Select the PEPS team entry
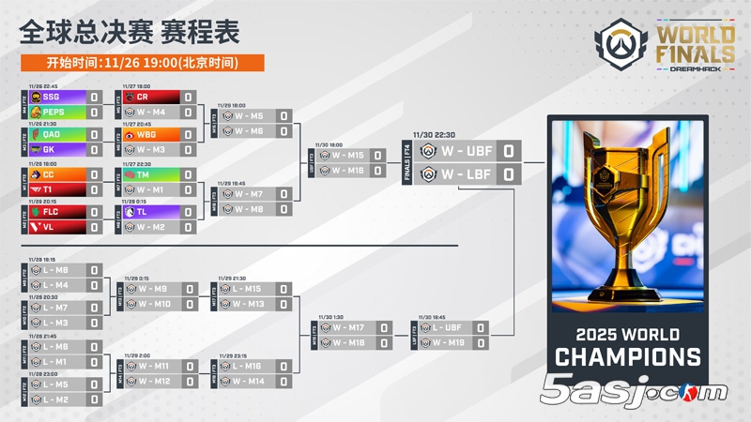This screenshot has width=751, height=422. [54, 112]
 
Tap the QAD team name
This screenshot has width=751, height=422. [52, 134]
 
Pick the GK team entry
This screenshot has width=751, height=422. [50, 149]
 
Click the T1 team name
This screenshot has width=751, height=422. [49, 189]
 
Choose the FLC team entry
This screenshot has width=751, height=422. [52, 212]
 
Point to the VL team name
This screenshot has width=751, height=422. [49, 227]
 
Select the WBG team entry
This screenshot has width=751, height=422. [147, 134]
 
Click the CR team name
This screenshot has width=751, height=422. [143, 97]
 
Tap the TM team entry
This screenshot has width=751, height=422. [144, 174]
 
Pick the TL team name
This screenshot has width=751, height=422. [143, 212]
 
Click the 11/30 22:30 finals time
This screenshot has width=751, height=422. [432, 134]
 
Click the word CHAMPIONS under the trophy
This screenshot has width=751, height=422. [627, 357]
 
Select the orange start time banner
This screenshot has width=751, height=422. [142, 63]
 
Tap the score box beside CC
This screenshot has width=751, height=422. [94, 174]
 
